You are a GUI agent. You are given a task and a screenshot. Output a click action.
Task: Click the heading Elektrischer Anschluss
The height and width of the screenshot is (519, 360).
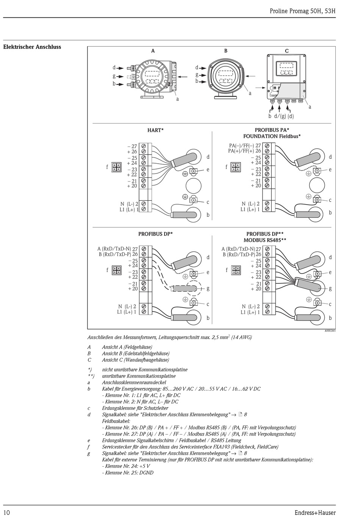tap(32, 47)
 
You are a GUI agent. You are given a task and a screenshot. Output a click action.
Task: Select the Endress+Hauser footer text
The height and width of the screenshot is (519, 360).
tap(315, 512)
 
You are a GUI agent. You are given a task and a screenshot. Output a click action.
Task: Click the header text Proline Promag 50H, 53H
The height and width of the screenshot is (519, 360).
tap(302, 11)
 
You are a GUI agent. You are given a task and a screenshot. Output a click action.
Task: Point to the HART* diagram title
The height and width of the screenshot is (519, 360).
tap(155, 130)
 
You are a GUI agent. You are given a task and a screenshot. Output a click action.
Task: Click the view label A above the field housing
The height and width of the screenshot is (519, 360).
tap(153, 51)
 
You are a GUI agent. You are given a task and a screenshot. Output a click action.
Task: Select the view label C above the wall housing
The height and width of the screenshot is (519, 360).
tap(286, 51)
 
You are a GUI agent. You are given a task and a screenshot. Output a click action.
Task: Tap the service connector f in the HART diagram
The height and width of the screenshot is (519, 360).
tap(116, 167)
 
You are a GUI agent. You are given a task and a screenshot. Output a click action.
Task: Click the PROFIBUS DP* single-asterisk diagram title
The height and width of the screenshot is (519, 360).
tap(155, 234)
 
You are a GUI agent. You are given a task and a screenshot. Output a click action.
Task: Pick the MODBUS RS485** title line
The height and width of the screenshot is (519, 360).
tap(265, 240)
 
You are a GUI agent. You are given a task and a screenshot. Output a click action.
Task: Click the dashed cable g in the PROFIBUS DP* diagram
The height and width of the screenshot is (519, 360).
tap(184, 288)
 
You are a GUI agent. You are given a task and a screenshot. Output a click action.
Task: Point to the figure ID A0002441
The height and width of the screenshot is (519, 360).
tap(329, 331)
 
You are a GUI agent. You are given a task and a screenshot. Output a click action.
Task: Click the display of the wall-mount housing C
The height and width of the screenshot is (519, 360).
tap(286, 69)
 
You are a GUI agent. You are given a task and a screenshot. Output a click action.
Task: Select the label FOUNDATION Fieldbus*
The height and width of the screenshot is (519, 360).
tap(272, 136)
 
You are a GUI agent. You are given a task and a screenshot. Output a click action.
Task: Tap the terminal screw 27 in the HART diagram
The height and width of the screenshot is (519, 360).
tap(144, 146)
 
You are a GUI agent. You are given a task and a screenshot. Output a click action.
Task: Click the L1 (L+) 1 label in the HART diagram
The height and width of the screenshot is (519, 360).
tap(129, 209)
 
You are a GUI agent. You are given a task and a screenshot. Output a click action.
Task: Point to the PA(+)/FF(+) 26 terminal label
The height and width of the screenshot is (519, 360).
tap(244, 151)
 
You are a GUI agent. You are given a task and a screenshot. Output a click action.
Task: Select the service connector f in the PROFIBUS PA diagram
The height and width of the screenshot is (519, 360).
tap(236, 167)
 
